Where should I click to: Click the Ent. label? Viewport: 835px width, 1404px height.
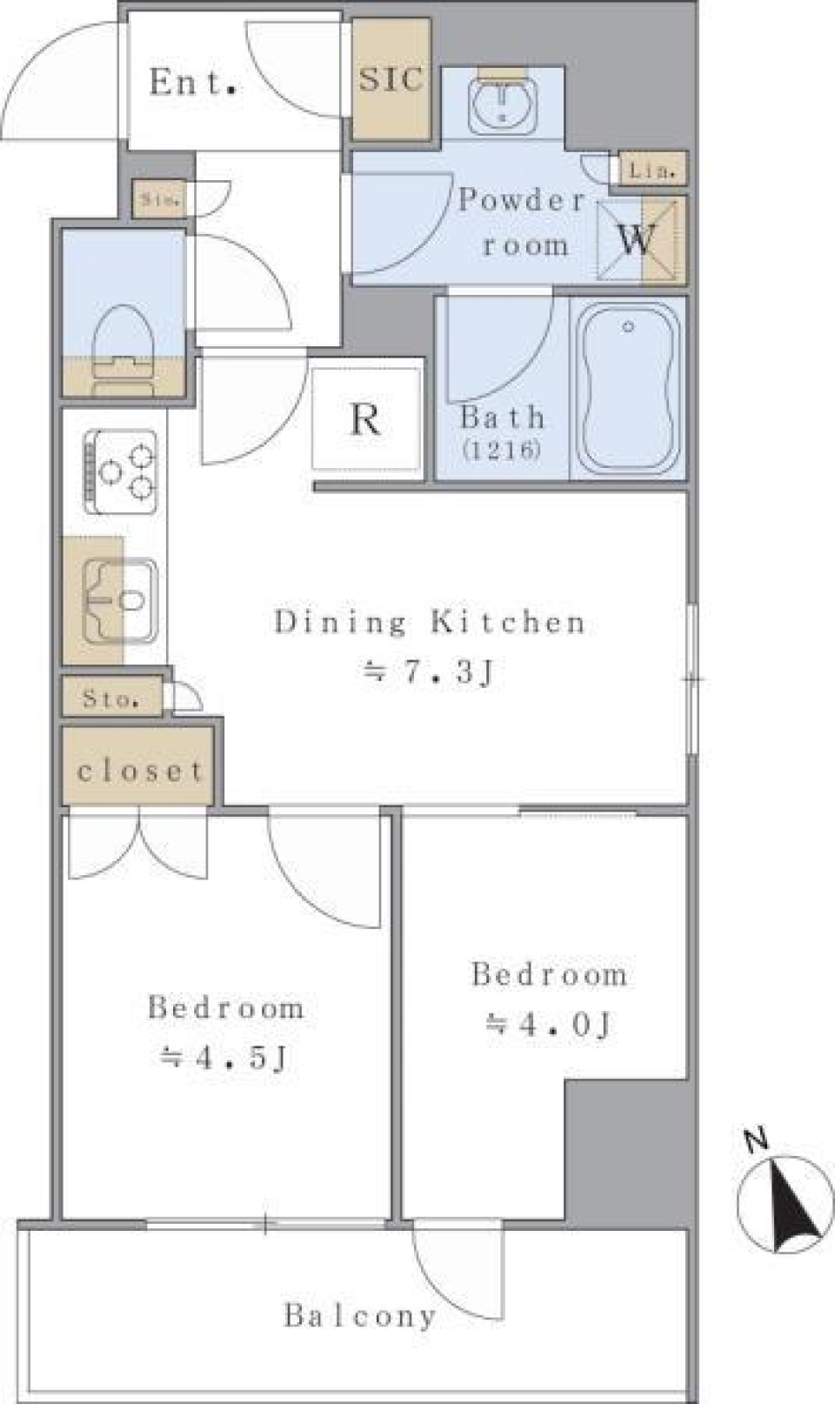point(193,83)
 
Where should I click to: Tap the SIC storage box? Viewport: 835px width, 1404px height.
point(391,79)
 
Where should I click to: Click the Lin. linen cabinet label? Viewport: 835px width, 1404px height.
point(652,170)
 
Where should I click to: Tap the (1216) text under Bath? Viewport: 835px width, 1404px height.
point(502,450)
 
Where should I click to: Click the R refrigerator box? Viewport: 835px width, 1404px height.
point(366,419)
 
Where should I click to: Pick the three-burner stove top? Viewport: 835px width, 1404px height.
point(123,471)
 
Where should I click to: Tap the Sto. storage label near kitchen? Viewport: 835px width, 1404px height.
point(111,699)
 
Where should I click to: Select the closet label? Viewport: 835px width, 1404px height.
point(139,771)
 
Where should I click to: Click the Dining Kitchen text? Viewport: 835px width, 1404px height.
point(430,622)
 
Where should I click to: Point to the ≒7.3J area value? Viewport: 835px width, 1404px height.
point(428,672)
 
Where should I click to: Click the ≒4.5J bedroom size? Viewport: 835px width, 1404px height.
point(224,1058)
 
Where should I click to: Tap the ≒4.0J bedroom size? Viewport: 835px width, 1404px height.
point(548,1024)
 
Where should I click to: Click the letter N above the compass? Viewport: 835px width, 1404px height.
point(757,1140)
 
